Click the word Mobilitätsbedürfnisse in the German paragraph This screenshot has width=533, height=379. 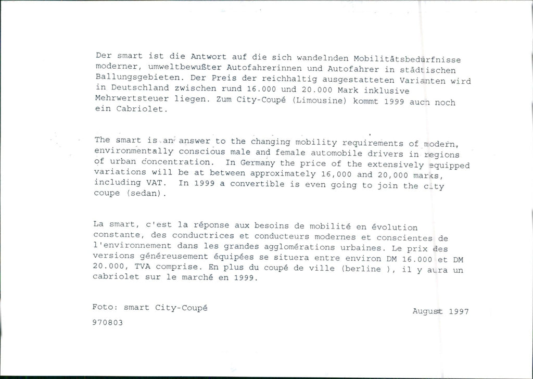(x=407, y=58)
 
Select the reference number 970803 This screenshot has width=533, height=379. (x=108, y=323)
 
